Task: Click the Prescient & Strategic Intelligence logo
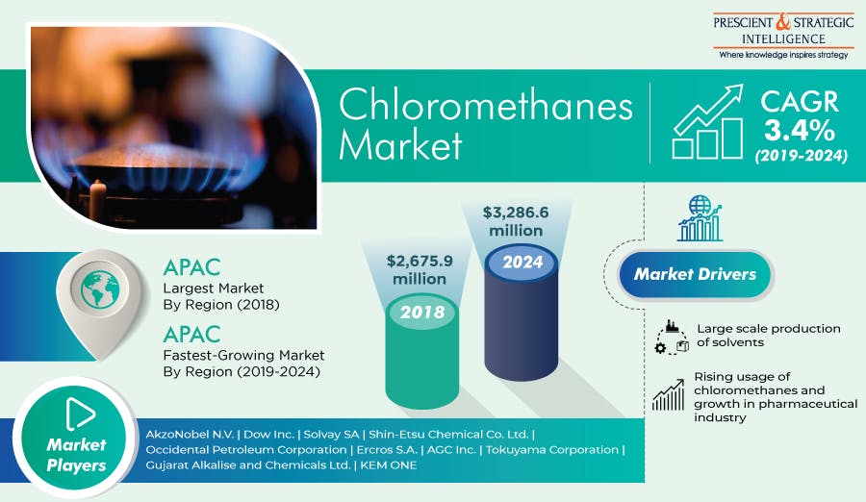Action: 783,36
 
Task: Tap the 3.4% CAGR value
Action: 800,131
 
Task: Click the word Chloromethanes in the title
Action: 486,105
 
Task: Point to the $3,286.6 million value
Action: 516,221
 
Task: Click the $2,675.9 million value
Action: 420,269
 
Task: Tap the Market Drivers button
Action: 695,274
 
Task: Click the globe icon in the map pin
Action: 100,289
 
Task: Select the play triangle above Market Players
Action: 80,414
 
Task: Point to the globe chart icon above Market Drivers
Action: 700,218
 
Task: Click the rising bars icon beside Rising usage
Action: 669,395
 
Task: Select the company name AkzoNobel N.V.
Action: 190,434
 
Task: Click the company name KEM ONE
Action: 389,465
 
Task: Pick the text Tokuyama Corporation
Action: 552,449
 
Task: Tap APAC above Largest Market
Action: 191,267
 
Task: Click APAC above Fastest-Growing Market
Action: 191,334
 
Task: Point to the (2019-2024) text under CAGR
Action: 801,156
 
